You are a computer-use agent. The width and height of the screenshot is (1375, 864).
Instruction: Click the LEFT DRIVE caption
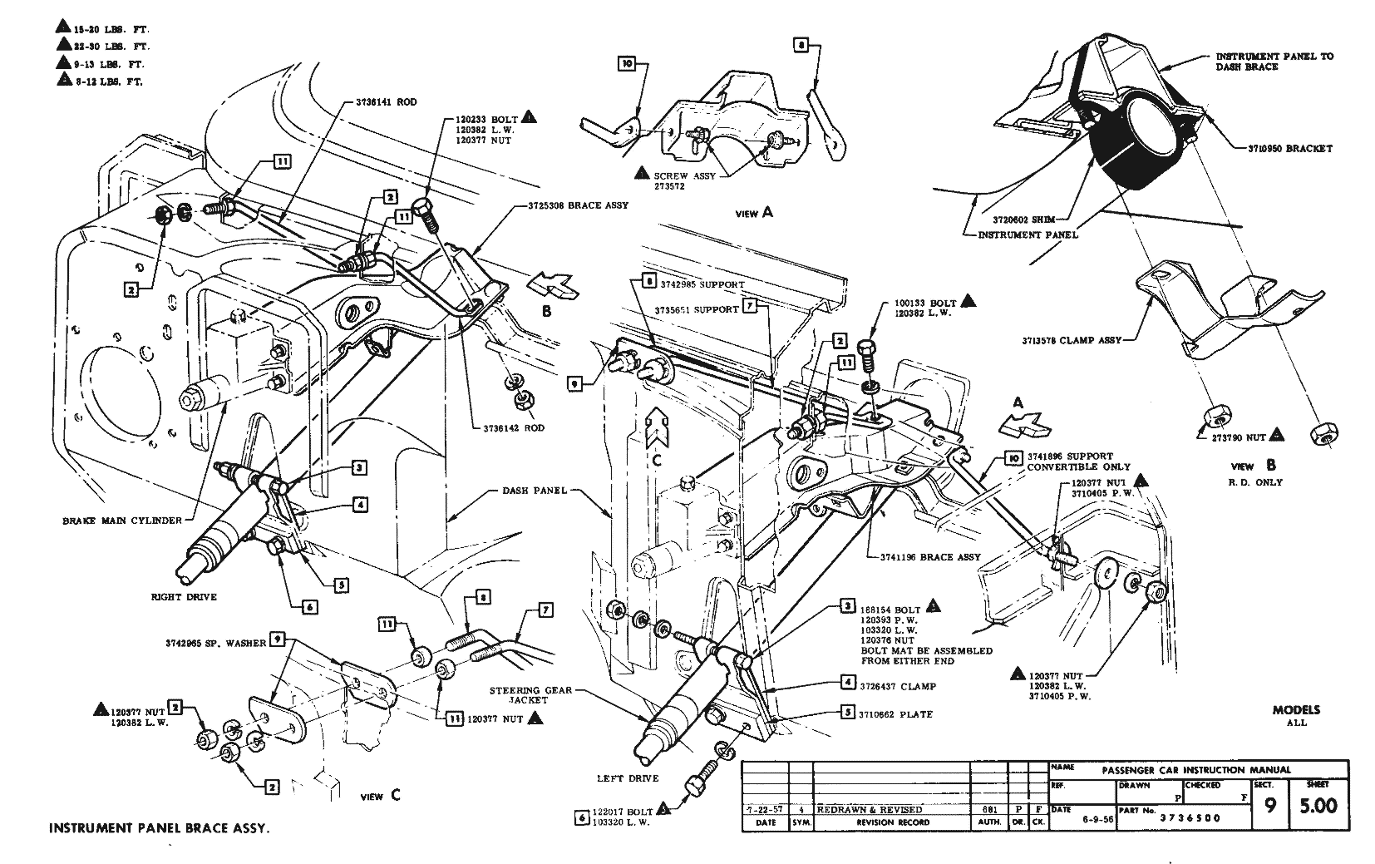click(x=628, y=778)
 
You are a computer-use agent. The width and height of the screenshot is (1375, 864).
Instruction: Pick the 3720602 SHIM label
click(x=1018, y=220)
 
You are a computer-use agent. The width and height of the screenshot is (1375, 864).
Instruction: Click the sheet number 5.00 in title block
click(x=1317, y=805)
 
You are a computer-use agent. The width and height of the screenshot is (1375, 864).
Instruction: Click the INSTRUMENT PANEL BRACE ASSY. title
click(x=160, y=828)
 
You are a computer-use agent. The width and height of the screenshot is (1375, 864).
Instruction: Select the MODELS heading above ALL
click(x=1296, y=710)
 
